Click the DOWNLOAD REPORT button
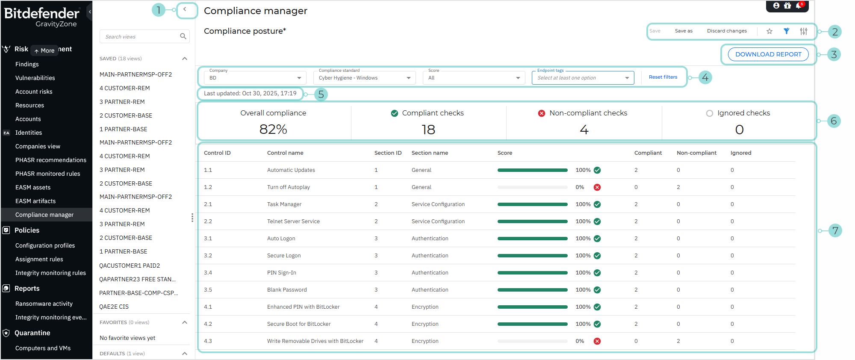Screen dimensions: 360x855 point(768,54)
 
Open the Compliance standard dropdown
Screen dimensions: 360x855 point(364,78)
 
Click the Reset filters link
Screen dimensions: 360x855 point(663,77)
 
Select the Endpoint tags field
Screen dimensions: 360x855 point(582,78)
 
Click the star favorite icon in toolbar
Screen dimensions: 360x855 point(769,31)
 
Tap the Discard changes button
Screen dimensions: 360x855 point(727,31)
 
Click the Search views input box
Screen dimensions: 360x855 point(139,37)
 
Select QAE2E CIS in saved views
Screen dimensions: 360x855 point(114,307)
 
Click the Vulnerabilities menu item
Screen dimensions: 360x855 point(35,78)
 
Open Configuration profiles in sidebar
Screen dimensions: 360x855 point(45,245)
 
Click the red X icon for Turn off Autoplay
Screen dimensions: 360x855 point(597,187)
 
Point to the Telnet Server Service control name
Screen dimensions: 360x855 point(293,221)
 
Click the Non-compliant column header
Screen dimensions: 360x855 point(696,153)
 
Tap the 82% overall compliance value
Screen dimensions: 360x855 point(273,129)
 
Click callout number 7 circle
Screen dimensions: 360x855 point(835,231)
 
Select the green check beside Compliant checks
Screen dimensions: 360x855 point(395,113)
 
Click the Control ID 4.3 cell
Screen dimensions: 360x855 point(208,341)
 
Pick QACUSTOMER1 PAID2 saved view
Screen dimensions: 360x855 point(130,266)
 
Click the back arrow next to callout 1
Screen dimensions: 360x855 point(185,9)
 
